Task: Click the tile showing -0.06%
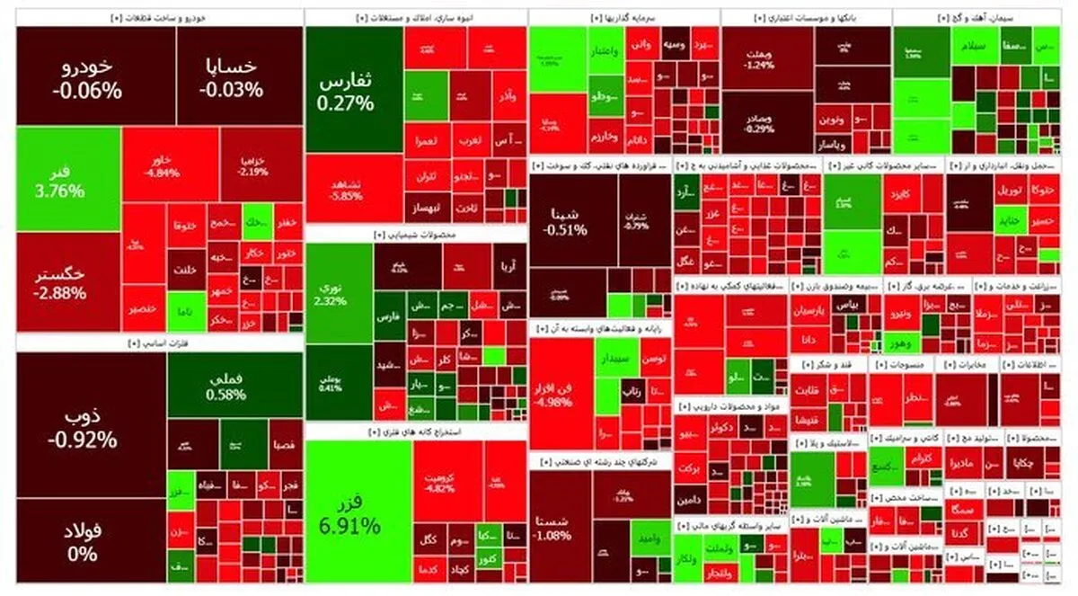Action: (x=87, y=77)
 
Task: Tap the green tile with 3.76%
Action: (x=68, y=180)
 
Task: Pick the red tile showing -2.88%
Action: (x=68, y=281)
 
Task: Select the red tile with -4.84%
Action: (x=170, y=166)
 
